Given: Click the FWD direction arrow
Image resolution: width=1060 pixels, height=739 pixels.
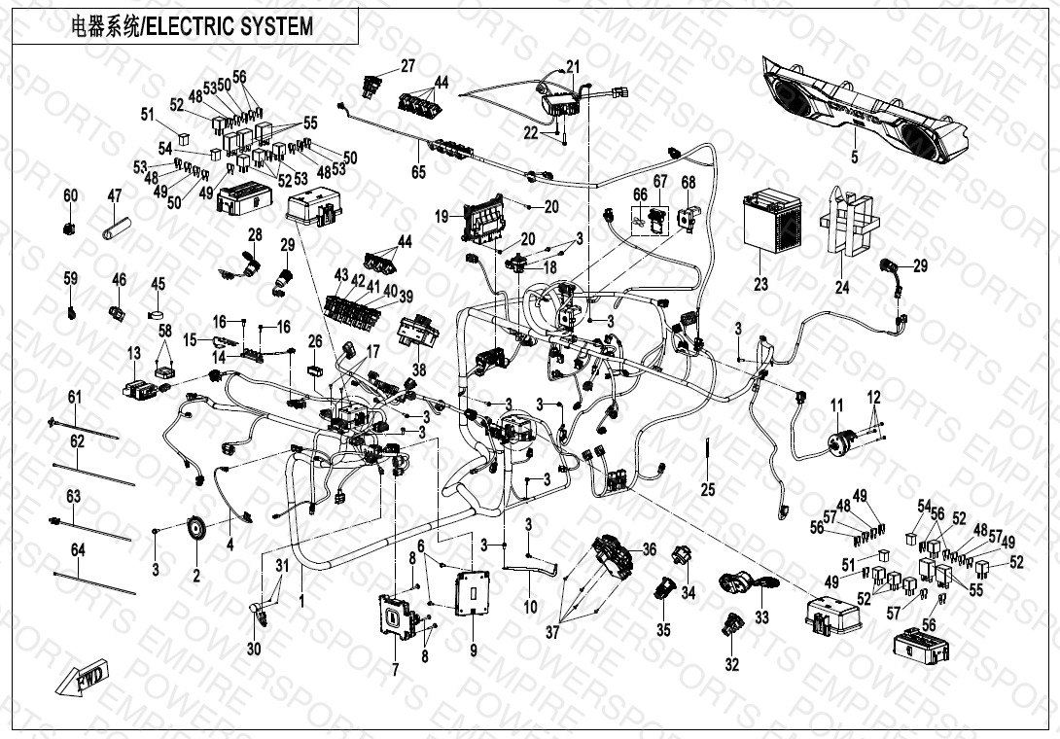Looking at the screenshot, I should [85, 677].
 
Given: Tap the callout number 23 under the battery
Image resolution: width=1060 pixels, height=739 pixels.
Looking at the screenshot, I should [760, 284].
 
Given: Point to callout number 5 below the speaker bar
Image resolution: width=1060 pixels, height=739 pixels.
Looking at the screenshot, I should [854, 156].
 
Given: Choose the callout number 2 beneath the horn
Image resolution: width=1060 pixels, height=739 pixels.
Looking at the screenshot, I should [195, 576].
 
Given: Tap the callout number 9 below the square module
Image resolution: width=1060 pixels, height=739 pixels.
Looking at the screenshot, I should [474, 651].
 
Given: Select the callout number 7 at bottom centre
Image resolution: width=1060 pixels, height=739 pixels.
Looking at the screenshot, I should [396, 669].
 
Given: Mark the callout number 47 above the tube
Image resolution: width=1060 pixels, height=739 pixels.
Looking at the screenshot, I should [114, 196].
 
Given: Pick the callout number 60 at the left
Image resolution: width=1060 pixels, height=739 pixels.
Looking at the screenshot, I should [70, 196].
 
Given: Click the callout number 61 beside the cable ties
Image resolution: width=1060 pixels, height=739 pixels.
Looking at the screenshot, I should [75, 397].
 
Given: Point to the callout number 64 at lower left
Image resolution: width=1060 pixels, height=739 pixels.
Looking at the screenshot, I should [78, 550].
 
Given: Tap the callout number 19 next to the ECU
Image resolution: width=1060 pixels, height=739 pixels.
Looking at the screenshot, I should [441, 216].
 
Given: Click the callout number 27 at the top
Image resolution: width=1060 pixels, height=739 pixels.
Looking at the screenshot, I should [407, 66].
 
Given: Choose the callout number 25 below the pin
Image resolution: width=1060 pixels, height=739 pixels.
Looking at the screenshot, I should [708, 489].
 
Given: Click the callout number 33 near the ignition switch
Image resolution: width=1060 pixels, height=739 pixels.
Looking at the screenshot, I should [761, 616].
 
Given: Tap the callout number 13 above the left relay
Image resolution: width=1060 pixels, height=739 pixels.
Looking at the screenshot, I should [133, 352].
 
